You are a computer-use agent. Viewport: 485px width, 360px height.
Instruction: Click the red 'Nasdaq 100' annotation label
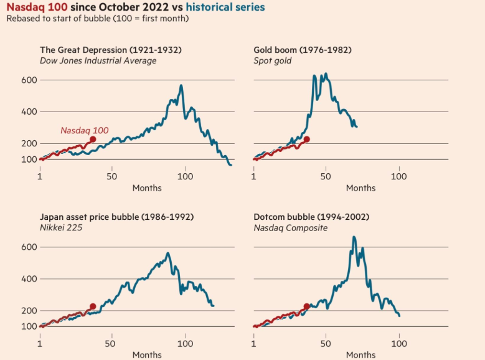click(x=84, y=131)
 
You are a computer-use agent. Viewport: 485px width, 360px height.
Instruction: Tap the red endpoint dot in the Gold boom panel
click(x=306, y=140)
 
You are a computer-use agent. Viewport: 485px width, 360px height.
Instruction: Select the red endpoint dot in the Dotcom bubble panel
click(x=306, y=306)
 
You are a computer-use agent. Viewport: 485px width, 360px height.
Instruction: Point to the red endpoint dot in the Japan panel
click(x=93, y=306)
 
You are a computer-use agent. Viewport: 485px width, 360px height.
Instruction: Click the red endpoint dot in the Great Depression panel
click(x=93, y=140)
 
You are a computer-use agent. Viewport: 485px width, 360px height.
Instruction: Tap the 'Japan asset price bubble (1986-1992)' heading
click(x=116, y=217)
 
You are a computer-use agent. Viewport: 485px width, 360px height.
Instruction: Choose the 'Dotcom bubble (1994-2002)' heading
click(x=311, y=217)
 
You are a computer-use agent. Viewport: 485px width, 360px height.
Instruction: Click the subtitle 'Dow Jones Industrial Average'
click(x=98, y=61)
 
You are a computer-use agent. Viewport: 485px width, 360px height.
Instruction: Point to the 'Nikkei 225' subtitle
click(x=61, y=228)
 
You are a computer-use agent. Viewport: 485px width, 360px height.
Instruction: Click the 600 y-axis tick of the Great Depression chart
click(x=30, y=80)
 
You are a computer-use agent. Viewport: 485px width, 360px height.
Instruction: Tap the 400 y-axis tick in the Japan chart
click(x=30, y=278)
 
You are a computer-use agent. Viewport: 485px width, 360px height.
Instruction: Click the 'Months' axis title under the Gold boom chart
click(x=360, y=188)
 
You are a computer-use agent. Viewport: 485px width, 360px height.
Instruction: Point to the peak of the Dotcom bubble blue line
click(x=354, y=237)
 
